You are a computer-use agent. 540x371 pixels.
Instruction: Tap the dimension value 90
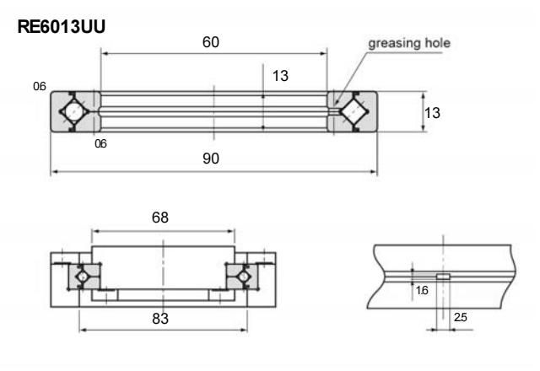(x=213, y=159)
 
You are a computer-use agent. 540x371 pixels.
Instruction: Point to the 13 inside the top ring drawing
(x=280, y=77)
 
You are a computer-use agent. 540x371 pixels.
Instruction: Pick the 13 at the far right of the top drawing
(x=433, y=111)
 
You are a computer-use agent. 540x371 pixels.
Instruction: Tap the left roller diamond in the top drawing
(x=72, y=111)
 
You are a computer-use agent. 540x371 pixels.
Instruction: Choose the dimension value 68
(x=160, y=218)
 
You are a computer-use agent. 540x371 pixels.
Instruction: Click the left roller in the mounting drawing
(x=83, y=276)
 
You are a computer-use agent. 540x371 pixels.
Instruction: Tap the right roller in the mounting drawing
(x=242, y=276)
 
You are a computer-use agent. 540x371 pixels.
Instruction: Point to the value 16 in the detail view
(x=422, y=289)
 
